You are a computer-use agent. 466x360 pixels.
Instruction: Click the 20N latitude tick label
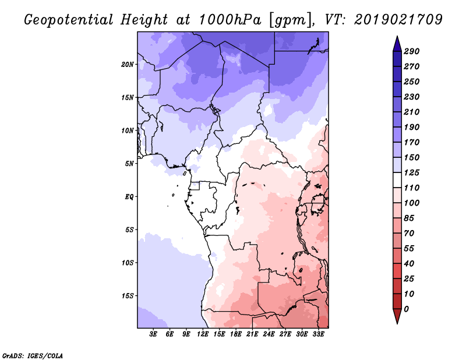pos(128,65)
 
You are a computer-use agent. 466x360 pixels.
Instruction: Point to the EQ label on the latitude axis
pos(129,197)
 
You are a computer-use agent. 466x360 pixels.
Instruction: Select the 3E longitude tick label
pos(153,334)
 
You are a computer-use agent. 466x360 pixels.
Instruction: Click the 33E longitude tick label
pos(318,334)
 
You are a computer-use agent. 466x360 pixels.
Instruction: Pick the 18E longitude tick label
pos(236,334)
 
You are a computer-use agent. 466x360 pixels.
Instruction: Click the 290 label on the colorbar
pos(411,51)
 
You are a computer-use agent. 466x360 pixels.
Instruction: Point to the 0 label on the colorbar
pos(406,309)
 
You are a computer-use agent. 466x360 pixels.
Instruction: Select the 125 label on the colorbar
pos(411,172)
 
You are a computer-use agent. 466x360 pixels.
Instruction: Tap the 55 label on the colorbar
pos(409,249)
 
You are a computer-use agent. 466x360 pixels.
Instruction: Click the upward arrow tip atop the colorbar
pos(397,36)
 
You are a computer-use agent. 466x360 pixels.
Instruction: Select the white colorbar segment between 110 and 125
pos(397,180)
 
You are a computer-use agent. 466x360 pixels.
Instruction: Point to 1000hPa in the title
pos(230,20)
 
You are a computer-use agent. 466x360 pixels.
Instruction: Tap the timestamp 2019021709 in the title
pos(398,20)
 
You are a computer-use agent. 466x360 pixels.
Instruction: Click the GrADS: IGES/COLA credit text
pos(33,356)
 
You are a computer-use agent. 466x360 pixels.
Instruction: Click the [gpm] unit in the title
pos(292,20)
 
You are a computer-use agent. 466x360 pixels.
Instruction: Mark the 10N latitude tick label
pos(128,131)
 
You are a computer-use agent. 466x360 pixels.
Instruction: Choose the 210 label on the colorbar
pos(411,112)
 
